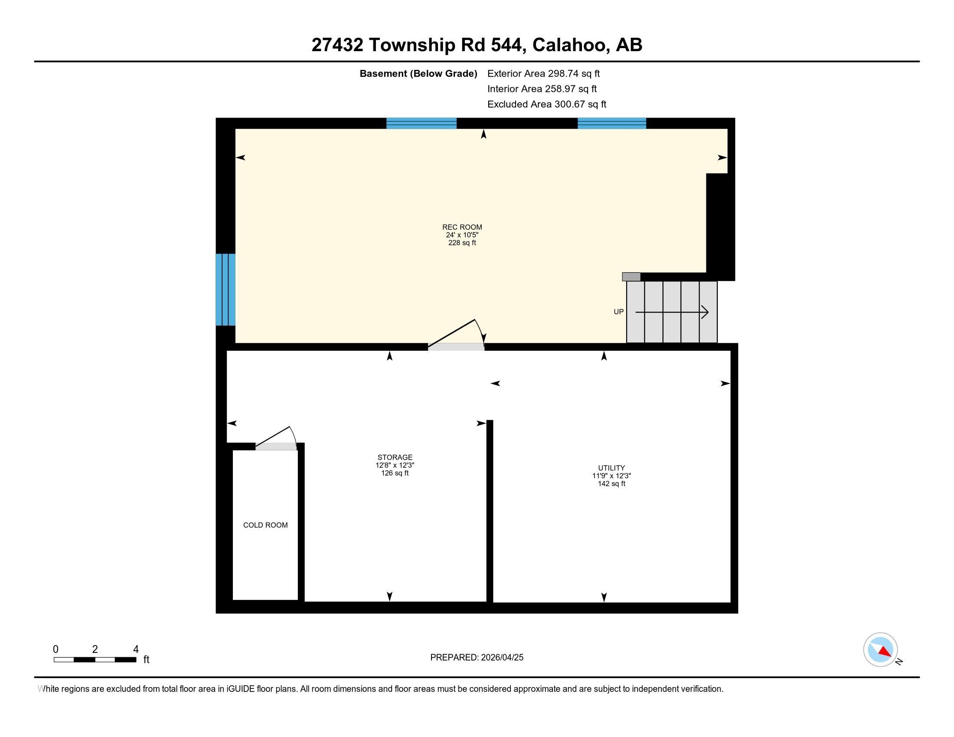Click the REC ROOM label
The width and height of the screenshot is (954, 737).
click(x=462, y=227)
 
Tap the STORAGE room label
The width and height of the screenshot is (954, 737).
click(x=395, y=457)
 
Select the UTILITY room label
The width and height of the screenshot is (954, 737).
click(x=611, y=468)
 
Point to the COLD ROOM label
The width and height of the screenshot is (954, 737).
click(x=265, y=525)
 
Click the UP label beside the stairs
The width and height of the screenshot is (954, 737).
click(x=618, y=312)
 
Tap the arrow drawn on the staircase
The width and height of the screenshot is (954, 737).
click(x=672, y=312)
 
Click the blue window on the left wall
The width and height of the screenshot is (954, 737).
click(x=225, y=290)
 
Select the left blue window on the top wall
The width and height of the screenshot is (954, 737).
click(x=421, y=124)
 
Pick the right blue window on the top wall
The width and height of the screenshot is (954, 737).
click(x=612, y=124)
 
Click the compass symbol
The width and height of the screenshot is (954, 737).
click(x=881, y=650)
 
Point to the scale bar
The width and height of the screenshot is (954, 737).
click(x=95, y=659)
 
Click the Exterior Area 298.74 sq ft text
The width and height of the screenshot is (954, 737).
click(x=543, y=73)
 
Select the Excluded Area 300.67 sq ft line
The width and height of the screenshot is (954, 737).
click(x=547, y=104)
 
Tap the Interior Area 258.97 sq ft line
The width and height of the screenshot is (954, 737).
click(x=542, y=88)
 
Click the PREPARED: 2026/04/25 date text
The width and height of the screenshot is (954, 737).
click(x=477, y=657)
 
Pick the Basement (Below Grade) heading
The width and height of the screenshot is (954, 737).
click(x=418, y=74)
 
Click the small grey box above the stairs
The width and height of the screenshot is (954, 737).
click(x=631, y=277)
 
